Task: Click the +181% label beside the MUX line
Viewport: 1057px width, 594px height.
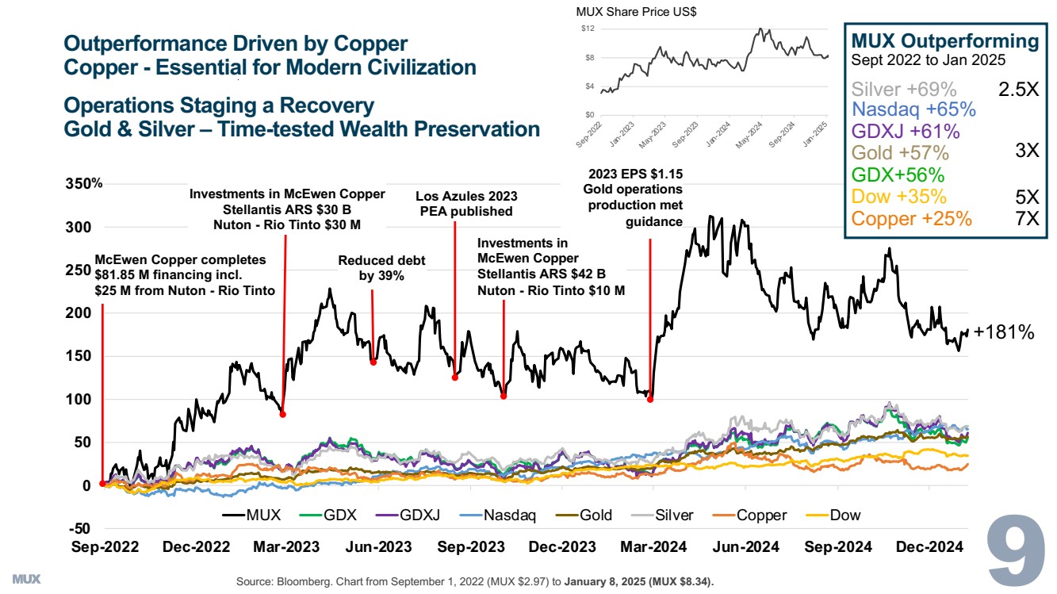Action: coord(1004,333)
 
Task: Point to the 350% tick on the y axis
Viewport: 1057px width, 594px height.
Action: coord(84,184)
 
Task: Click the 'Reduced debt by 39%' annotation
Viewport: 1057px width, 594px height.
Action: coord(371,268)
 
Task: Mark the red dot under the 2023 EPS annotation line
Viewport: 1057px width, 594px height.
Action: coord(650,399)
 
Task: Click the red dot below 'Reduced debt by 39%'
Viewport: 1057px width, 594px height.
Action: coord(373,362)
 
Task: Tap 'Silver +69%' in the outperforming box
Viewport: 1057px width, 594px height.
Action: coord(904,89)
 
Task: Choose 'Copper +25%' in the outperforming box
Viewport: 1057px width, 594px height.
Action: coord(912,219)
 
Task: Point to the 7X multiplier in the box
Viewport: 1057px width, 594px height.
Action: coord(1026,219)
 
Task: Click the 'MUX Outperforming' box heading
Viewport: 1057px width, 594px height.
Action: coord(944,41)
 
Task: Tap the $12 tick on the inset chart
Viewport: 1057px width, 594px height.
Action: coord(588,29)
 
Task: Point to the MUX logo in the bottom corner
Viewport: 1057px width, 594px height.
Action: coord(26,576)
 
